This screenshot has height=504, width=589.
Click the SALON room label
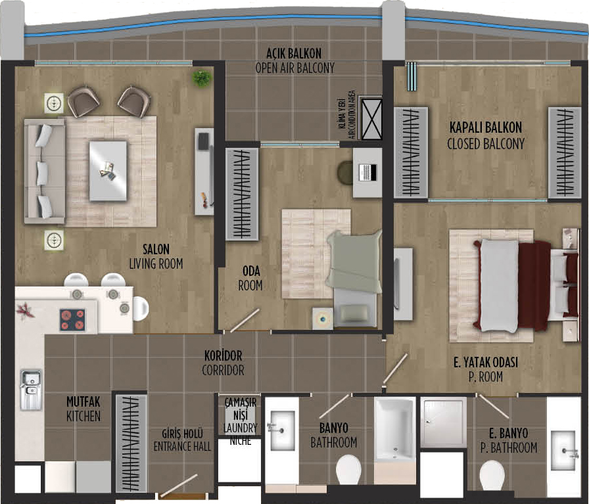[x=156, y=249]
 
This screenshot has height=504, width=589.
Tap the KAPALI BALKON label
[x=486, y=127]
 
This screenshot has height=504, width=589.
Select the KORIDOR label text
[x=223, y=355]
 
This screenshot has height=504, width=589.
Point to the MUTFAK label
[x=83, y=402]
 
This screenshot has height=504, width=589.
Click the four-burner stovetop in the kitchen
[x=72, y=320]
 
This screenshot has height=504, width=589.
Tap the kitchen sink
[x=31, y=390]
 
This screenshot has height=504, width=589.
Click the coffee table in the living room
[x=108, y=171]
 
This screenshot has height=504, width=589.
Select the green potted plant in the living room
[x=202, y=78]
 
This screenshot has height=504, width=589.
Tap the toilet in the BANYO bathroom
[x=348, y=470]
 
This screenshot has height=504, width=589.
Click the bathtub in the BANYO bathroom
[x=395, y=429]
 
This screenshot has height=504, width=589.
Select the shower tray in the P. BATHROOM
[x=443, y=423]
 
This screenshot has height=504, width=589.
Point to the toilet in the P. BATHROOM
[x=492, y=476]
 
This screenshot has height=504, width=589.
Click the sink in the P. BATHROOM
[x=563, y=451]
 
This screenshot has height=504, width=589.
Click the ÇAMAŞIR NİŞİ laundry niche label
[x=241, y=409]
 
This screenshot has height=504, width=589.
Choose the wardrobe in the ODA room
[x=242, y=194]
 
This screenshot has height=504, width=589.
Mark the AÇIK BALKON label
[x=294, y=54]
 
